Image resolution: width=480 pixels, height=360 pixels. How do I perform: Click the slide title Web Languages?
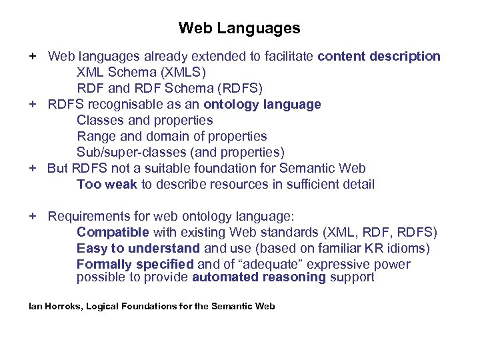click(x=239, y=29)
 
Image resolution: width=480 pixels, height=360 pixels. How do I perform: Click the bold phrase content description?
click(x=379, y=57)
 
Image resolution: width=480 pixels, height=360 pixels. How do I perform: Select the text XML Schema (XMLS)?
click(x=141, y=72)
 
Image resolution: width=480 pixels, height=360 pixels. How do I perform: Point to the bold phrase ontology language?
click(x=262, y=105)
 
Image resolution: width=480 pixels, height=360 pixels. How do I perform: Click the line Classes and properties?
click(x=145, y=121)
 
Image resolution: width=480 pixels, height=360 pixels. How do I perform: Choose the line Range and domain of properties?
click(x=171, y=137)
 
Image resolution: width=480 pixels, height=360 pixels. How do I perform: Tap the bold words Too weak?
click(x=107, y=185)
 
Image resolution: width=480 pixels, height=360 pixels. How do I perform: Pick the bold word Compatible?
click(x=113, y=233)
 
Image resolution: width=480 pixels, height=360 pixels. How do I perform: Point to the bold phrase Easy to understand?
click(x=138, y=249)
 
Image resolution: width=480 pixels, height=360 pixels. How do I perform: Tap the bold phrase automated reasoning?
click(x=259, y=277)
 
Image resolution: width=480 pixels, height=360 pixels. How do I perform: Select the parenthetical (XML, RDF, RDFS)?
click(x=379, y=233)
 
